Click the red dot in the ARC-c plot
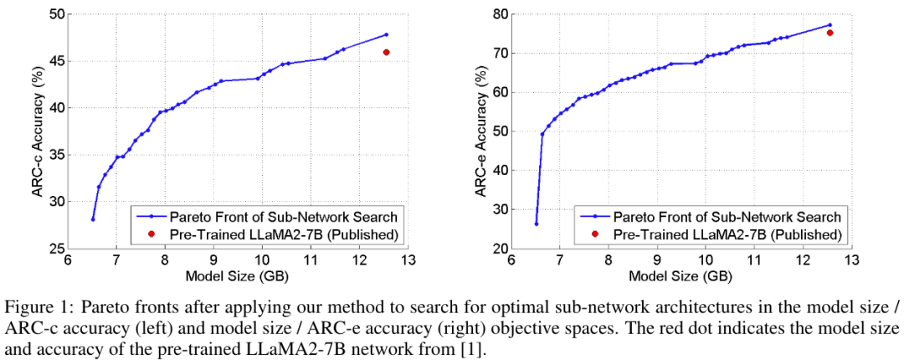pos(387,52)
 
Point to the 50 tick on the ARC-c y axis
pos(55,14)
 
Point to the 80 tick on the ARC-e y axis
pos(499,14)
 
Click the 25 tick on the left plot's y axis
pos(55,249)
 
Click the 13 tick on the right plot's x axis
pos(851,260)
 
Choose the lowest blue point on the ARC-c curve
pos(93,219)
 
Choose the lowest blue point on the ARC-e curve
pos(537,224)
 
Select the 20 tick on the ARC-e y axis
pos(499,249)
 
